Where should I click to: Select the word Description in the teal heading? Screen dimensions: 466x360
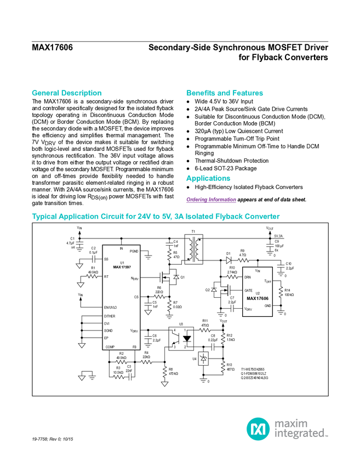(x=82, y=93)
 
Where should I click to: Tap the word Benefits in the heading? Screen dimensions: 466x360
(x=201, y=93)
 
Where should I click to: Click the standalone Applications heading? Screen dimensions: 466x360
(x=208, y=179)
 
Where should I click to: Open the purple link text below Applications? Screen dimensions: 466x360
(x=211, y=200)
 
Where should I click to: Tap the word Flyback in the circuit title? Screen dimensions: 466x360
(x=227, y=217)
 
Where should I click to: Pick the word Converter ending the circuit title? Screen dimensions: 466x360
(x=262, y=217)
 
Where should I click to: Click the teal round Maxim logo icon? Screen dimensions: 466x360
(x=258, y=429)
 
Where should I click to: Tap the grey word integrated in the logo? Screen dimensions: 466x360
(x=301, y=434)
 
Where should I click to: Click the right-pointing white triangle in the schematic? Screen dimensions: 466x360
(x=228, y=260)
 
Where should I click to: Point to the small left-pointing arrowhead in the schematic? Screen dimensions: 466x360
(x=232, y=309)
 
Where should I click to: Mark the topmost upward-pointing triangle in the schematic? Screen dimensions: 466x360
(x=176, y=278)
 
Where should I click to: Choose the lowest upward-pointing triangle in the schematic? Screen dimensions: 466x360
(x=203, y=359)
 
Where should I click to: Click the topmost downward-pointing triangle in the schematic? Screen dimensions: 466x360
(x=79, y=266)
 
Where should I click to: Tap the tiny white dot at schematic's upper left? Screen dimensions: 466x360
(x=79, y=243)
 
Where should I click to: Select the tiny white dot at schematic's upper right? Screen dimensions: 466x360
(x=270, y=245)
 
